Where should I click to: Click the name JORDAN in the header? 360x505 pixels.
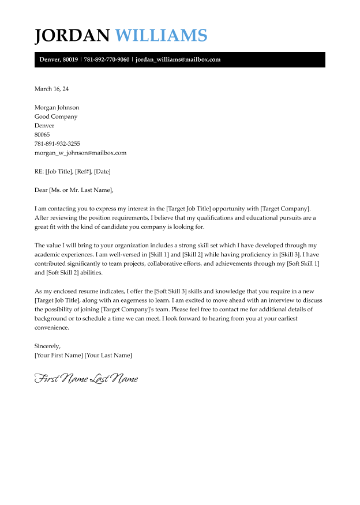click(x=72, y=35)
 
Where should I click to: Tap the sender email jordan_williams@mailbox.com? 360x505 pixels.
click(x=178, y=59)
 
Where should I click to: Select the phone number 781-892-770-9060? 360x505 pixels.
click(x=107, y=59)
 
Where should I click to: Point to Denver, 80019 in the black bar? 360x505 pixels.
click(x=58, y=59)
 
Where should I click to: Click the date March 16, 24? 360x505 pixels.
click(x=51, y=89)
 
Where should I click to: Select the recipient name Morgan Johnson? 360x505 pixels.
click(x=57, y=107)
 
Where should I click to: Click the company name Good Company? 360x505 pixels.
click(x=56, y=116)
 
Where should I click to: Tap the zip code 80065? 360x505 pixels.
click(x=42, y=134)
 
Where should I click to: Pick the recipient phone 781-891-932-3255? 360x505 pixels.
click(x=57, y=144)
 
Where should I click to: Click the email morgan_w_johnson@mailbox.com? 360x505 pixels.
click(x=80, y=153)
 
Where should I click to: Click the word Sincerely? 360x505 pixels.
click(x=47, y=346)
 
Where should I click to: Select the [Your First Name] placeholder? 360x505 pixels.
click(x=58, y=355)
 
